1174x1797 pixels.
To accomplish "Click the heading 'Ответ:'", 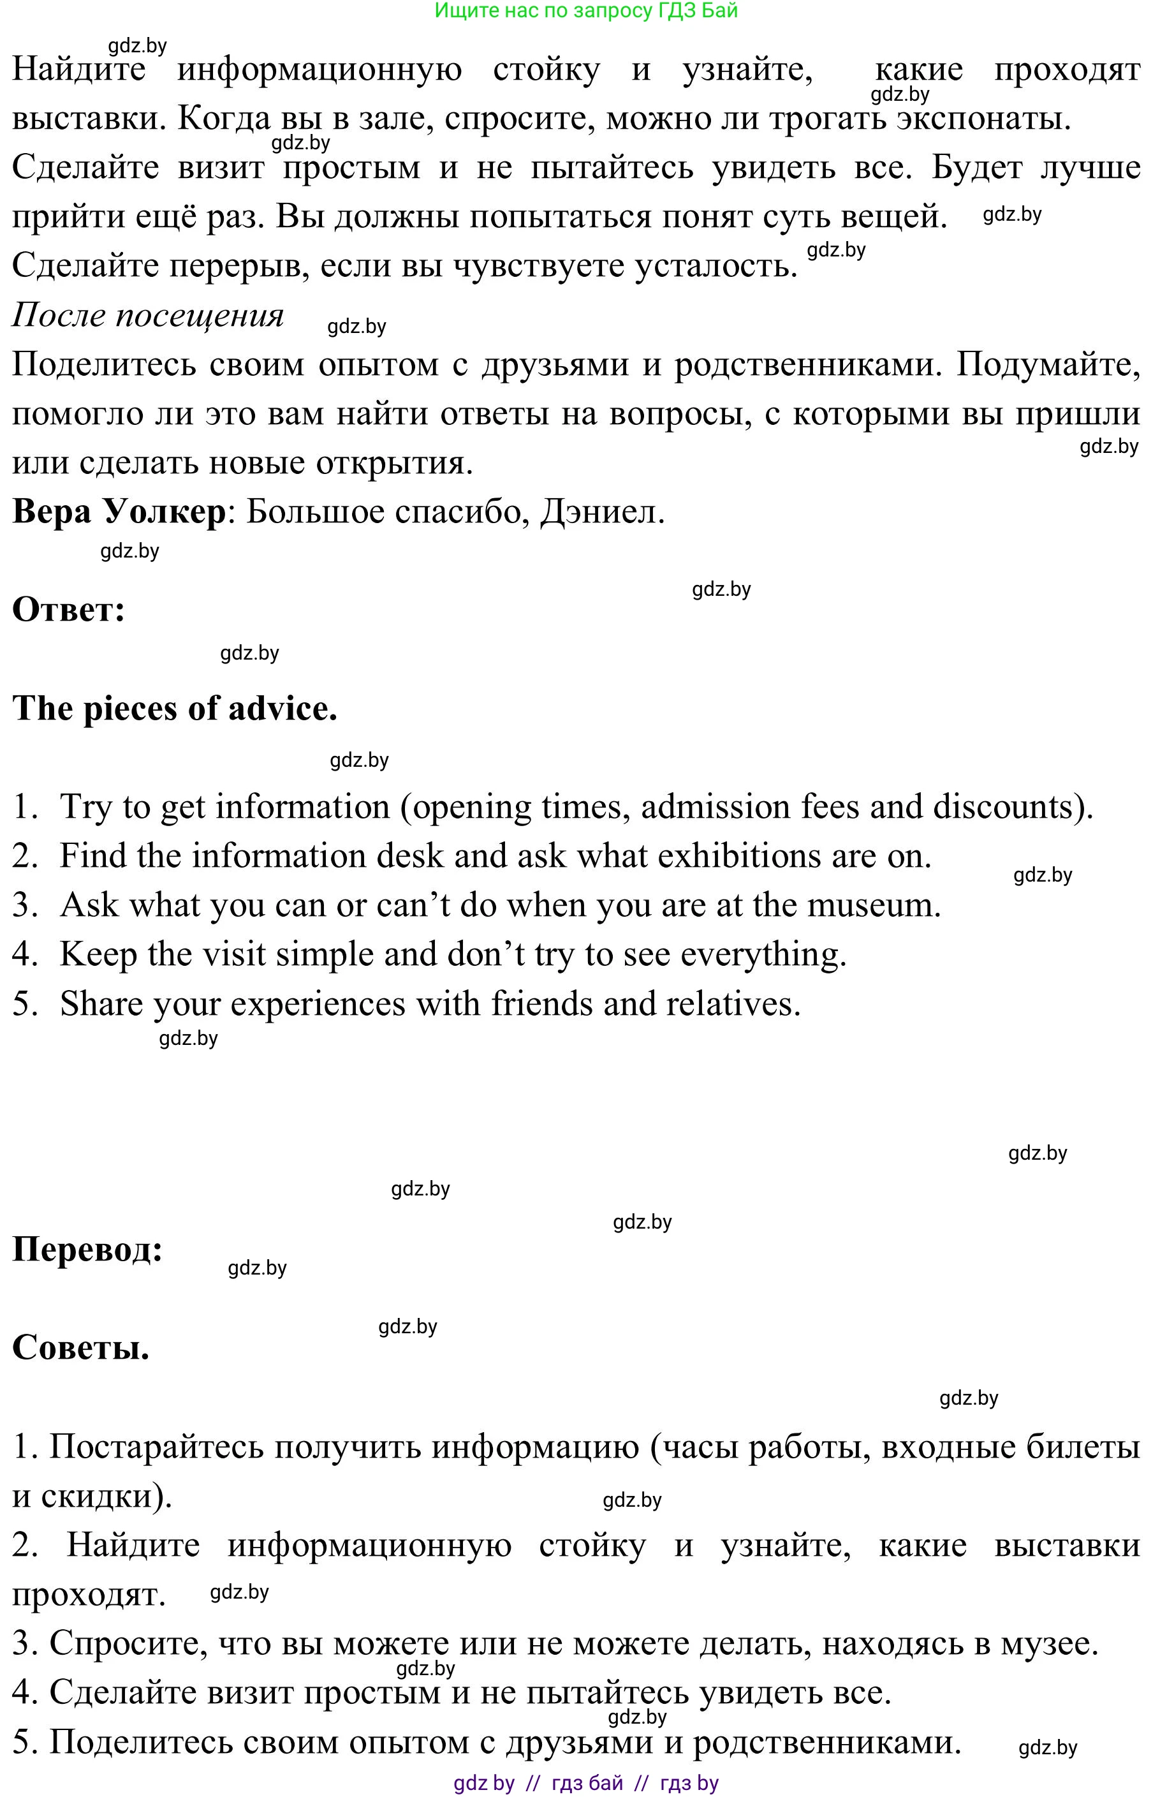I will pos(69,609).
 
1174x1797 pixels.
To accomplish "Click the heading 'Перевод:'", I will pos(87,1250).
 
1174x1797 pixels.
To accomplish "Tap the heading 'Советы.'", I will pos(81,1348).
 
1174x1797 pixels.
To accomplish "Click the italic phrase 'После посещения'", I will pos(148,315).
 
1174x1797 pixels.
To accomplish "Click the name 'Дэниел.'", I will pos(602,512).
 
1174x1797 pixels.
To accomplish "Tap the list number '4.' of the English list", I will pos(26,954).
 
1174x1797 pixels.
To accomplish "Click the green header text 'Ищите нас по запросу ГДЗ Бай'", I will pos(587,11).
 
